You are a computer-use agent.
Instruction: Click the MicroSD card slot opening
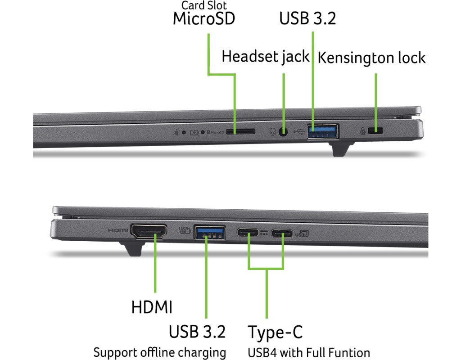click(240, 132)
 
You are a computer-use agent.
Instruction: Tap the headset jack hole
click(284, 132)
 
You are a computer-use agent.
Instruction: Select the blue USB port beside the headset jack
click(323, 131)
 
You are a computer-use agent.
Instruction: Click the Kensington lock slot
click(375, 131)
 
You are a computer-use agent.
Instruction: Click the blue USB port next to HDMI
click(209, 232)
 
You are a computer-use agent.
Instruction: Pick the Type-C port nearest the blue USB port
click(248, 233)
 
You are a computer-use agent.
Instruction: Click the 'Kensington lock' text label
click(371, 58)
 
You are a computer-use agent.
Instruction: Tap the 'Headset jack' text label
click(266, 57)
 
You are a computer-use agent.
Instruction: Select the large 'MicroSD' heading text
click(204, 19)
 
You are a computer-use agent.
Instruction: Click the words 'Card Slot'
click(204, 5)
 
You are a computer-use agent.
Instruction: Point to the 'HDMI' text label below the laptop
click(152, 308)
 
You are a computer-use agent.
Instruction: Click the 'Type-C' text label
click(276, 333)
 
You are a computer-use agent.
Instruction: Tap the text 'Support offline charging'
click(159, 352)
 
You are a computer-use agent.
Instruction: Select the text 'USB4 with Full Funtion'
click(309, 352)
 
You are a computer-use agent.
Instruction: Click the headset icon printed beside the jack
click(272, 132)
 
